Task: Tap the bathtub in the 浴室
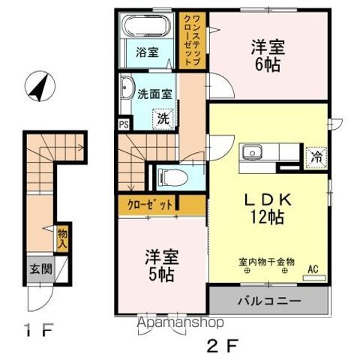tap(146, 27)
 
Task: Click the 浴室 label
tap(147, 52)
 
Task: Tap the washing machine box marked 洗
tap(162, 117)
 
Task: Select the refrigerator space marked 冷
tap(317, 157)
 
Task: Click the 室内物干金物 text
tap(266, 262)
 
